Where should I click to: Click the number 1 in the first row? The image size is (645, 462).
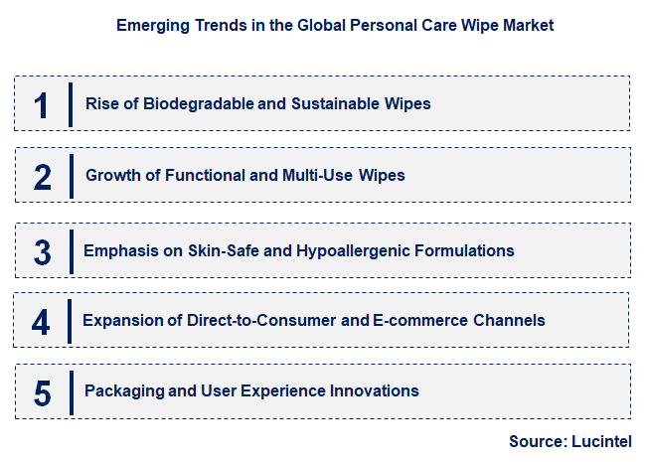pos(42,104)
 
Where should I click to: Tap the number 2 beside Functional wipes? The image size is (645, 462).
pos(42,177)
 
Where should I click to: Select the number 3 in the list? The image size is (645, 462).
pos(42,250)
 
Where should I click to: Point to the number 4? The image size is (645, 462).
pos(41,321)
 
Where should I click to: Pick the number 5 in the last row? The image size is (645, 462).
pos(42,392)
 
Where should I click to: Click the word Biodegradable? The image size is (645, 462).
pos(194,103)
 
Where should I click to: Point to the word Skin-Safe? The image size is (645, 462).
pos(222,250)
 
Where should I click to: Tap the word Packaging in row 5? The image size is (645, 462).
pos(122,390)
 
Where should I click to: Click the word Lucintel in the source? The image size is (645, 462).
pos(599,441)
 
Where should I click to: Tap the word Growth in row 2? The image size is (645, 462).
pos(111,175)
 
